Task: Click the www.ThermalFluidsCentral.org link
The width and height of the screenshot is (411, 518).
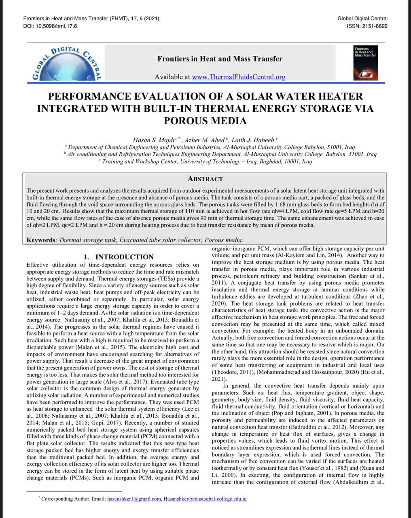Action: (x=238, y=76)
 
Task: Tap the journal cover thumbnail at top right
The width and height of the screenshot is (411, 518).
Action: (x=368, y=63)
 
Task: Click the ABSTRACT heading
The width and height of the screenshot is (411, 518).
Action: (x=205, y=179)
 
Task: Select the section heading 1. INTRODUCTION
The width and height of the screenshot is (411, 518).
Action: (x=118, y=257)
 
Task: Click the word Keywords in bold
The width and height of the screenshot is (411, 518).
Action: (x=41, y=240)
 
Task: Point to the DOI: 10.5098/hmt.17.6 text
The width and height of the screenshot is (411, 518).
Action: (x=50, y=26)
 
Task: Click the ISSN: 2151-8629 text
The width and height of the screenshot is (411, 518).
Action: (x=367, y=26)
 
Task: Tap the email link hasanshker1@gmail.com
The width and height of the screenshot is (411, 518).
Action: (x=134, y=499)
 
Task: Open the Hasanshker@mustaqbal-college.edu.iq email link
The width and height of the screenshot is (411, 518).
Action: (x=205, y=499)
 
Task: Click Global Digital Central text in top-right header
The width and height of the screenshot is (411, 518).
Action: (x=362, y=18)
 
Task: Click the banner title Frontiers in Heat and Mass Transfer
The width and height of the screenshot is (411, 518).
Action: (x=220, y=59)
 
